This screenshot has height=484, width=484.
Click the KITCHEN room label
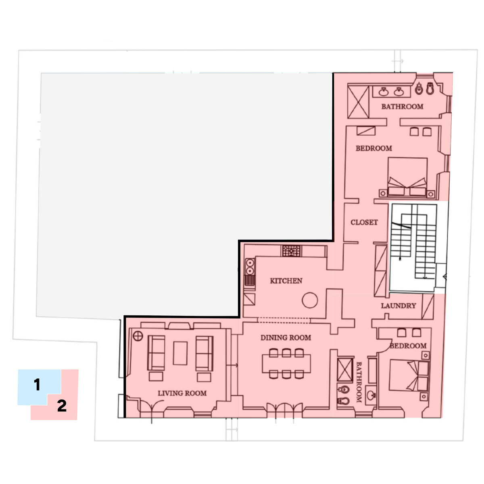[286, 281]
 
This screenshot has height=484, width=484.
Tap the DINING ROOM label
[286, 338]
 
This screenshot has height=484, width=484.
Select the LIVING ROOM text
[182, 393]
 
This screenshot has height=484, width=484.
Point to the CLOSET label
[364, 222]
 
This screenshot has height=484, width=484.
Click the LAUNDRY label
[398, 306]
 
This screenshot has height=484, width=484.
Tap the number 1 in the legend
[37, 384]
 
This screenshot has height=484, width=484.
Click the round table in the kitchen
[310, 300]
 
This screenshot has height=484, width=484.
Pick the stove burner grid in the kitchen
[291, 251]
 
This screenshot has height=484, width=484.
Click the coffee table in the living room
[180, 353]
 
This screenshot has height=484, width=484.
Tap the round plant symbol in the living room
[138, 336]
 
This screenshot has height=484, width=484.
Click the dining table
[286, 363]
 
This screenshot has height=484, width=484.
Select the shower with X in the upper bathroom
[358, 102]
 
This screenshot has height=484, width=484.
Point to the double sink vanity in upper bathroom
[391, 92]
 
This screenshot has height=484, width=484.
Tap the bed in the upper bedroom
[407, 177]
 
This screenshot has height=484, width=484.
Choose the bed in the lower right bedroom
[409, 376]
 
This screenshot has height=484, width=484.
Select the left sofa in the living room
[156, 353]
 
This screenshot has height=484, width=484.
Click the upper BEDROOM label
[374, 148]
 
